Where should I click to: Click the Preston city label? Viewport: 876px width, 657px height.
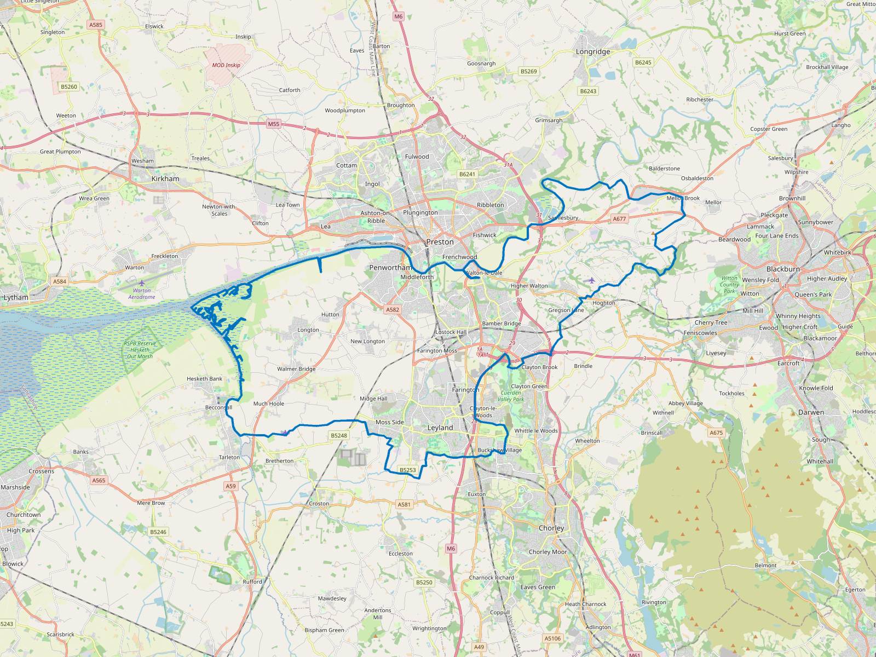pos(440,241)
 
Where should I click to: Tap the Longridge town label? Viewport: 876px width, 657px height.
pos(592,51)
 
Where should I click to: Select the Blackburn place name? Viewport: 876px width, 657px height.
pos(783,269)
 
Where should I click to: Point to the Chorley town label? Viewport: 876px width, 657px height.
pos(551,528)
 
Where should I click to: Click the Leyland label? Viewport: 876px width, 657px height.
pos(440,428)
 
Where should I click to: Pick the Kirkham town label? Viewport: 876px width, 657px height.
pos(165,178)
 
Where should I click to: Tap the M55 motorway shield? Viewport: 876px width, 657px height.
pos(273,124)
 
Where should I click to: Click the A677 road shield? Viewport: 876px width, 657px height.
pos(619,218)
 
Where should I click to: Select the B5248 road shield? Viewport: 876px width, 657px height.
pos(339,435)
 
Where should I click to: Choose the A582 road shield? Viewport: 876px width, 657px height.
pos(393,309)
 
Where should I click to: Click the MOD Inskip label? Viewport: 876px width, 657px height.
pos(226,65)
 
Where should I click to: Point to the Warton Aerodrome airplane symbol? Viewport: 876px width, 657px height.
pos(142,283)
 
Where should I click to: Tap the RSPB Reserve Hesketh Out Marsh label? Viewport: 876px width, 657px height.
pos(140,350)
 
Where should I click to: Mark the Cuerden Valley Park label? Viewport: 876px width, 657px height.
pos(511,396)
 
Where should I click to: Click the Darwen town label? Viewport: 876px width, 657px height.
pos(810,412)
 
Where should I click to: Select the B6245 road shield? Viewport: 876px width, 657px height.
pos(643,62)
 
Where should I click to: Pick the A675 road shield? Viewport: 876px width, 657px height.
pos(716,433)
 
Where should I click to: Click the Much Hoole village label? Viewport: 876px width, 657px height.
pos(268,404)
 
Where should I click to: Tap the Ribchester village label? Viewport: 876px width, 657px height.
pos(699,100)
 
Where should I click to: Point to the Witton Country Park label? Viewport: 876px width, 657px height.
pos(729,285)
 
